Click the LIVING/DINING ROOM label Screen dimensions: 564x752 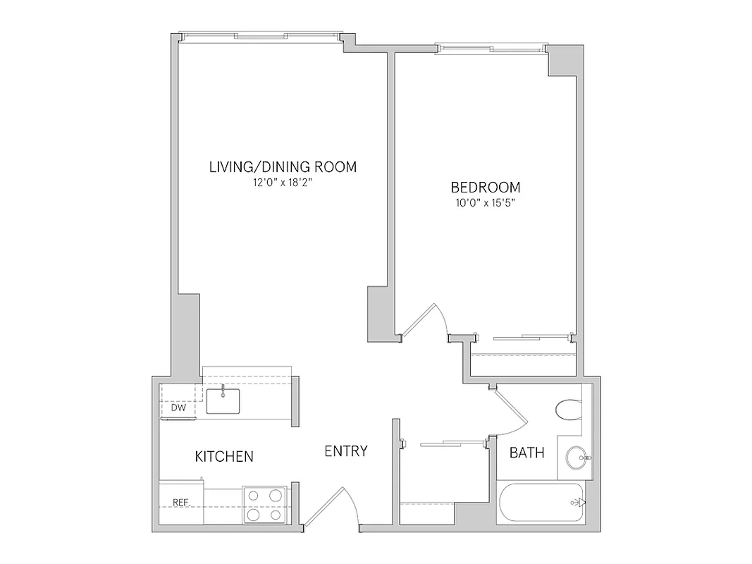click(x=283, y=167)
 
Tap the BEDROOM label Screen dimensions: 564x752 click(x=486, y=188)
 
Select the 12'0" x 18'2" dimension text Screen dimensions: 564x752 click(x=283, y=183)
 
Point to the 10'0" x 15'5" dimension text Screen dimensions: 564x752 click(x=486, y=203)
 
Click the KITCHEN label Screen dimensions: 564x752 click(x=224, y=457)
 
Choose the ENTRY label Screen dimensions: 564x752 click(x=346, y=451)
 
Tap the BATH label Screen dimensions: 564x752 click(x=527, y=453)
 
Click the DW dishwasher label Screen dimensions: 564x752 click(x=178, y=408)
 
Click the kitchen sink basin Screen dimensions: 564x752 click(x=223, y=400)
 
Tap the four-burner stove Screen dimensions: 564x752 click(x=265, y=505)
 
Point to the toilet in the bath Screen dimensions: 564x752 click(x=568, y=409)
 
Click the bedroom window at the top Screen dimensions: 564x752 click(x=491, y=49)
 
